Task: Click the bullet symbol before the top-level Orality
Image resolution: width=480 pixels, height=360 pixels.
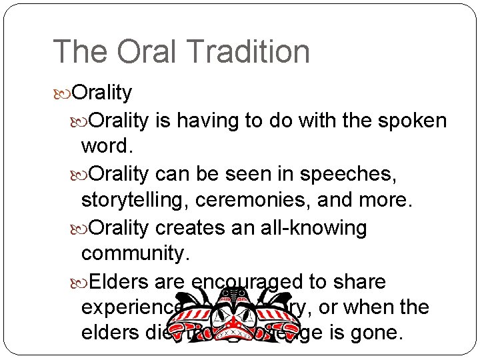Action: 63,93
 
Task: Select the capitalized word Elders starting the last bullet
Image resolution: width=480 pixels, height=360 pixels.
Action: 118,282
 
